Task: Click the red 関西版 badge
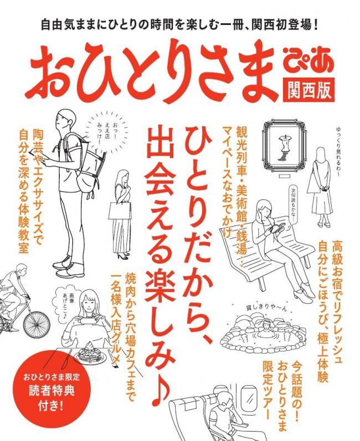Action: (308, 89)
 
